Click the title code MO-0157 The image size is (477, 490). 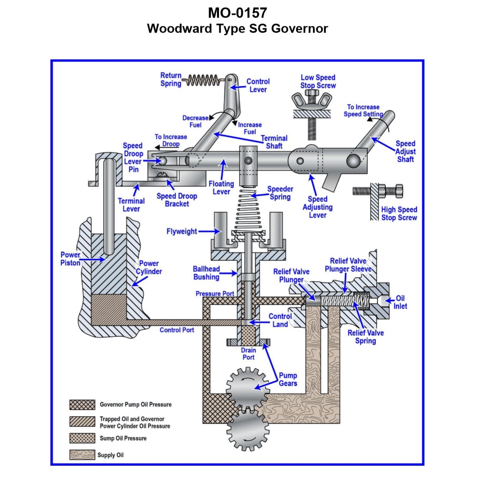point(237,13)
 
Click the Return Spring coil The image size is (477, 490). point(203,80)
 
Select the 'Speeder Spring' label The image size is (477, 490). point(280,193)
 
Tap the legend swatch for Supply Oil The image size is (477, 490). point(82,455)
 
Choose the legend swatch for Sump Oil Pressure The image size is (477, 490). point(82,438)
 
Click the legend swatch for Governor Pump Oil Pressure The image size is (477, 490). point(82,405)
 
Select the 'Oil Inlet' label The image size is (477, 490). point(400,302)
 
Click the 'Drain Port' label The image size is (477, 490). point(248,354)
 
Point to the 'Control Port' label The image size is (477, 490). point(177,330)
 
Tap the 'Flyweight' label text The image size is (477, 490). point(182,231)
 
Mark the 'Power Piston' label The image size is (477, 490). point(70,259)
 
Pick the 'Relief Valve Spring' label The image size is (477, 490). point(366,337)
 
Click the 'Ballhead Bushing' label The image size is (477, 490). point(206,273)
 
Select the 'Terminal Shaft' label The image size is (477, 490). point(274,142)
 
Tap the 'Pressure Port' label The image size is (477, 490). point(215,294)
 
